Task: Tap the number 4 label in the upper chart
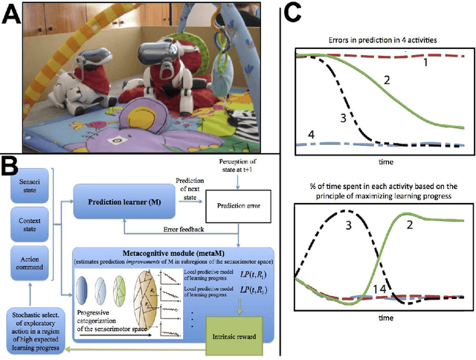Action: (312, 134)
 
